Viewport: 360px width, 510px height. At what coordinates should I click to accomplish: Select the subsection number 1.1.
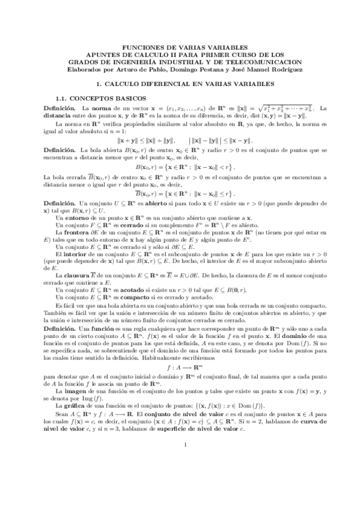[61, 97]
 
